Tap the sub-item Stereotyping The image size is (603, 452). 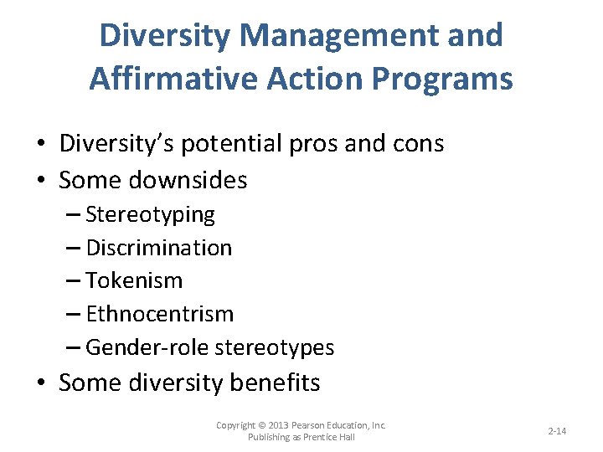click(150, 214)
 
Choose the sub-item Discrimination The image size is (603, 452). click(158, 248)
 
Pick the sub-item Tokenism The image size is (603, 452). click(134, 280)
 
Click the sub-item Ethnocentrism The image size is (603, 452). click(159, 314)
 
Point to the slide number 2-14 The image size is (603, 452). click(557, 431)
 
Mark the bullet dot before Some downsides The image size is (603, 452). click(41, 180)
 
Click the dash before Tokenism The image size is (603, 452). click(73, 281)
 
